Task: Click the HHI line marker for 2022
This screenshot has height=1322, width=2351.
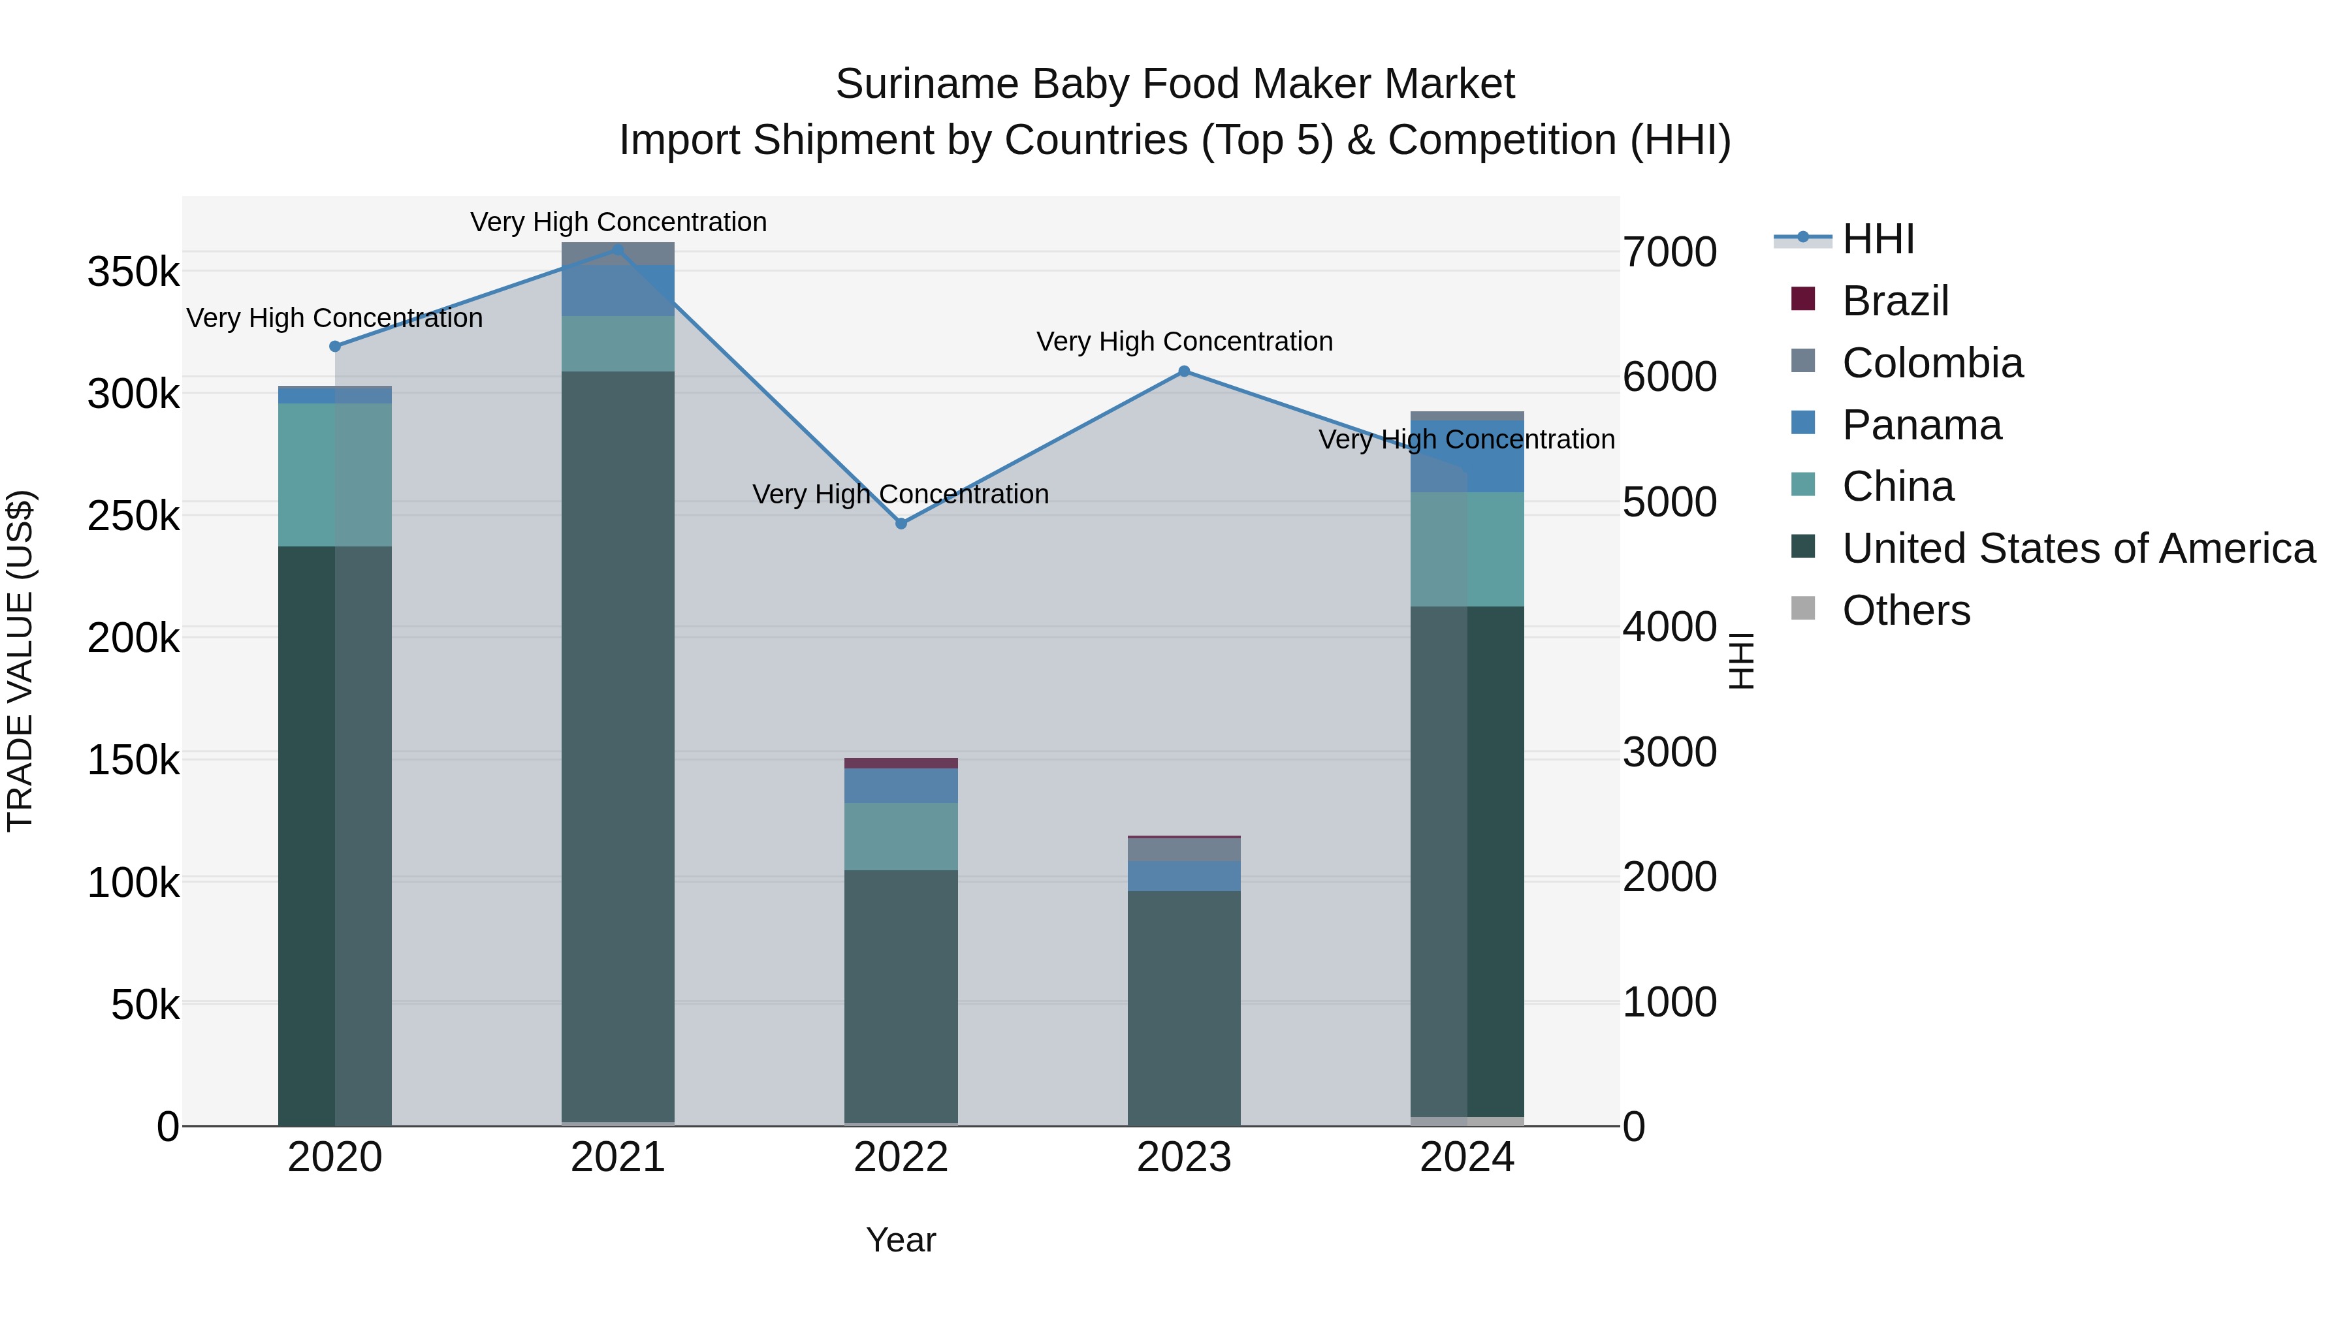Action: [901, 524]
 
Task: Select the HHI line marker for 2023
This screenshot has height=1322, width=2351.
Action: [1184, 371]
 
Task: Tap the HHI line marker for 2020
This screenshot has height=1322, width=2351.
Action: [335, 347]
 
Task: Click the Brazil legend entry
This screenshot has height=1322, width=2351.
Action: [1895, 301]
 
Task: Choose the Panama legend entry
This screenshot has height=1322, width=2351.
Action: [1921, 425]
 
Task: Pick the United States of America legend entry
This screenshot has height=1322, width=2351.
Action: [2078, 548]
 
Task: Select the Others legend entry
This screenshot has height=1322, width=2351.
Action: [1906, 610]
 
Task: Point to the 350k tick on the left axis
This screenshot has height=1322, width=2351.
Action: [133, 272]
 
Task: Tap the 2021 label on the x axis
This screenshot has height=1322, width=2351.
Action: [618, 1157]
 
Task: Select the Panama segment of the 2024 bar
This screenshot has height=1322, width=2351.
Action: [1467, 456]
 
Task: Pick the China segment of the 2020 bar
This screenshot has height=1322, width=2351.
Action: [335, 475]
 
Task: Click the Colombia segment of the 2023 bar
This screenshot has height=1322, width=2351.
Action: [1184, 849]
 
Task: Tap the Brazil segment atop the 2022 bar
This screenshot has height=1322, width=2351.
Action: [901, 763]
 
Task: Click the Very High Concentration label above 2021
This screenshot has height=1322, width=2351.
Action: [618, 222]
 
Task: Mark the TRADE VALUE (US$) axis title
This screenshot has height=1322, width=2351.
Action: [20, 661]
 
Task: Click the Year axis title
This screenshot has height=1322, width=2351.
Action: [901, 1240]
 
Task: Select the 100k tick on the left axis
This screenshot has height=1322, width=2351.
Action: [133, 883]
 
